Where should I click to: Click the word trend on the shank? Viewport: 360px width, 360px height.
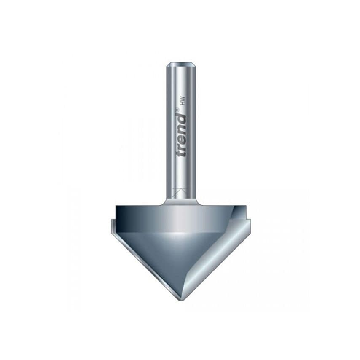pyautogui.click(x=181, y=134)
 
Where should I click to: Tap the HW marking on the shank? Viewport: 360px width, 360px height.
pyautogui.click(x=183, y=101)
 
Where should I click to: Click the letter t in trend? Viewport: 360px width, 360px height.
pyautogui.click(x=181, y=153)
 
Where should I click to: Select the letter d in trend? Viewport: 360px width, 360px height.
pyautogui.click(x=181, y=118)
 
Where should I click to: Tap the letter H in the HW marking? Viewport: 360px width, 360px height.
pyautogui.click(x=183, y=104)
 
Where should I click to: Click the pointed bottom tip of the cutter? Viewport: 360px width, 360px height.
pyautogui.click(x=181, y=298)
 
